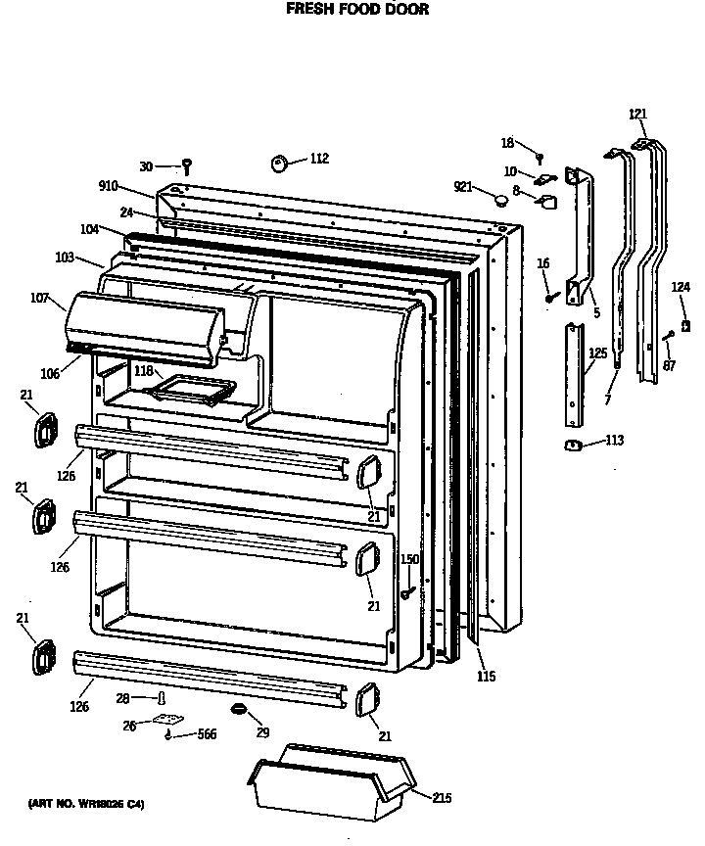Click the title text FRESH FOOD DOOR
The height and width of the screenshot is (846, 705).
[x=356, y=11]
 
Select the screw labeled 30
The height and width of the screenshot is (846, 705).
[x=186, y=167]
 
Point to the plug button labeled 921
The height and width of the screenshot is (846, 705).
[x=501, y=200]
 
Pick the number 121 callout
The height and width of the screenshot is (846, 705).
[x=637, y=115]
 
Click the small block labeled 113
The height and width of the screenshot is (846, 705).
[x=574, y=446]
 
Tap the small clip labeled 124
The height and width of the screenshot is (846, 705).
[x=685, y=325]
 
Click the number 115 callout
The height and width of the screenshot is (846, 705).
[x=486, y=676]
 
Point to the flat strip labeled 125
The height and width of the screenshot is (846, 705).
[x=572, y=376]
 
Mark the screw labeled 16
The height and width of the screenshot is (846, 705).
[x=551, y=292]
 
